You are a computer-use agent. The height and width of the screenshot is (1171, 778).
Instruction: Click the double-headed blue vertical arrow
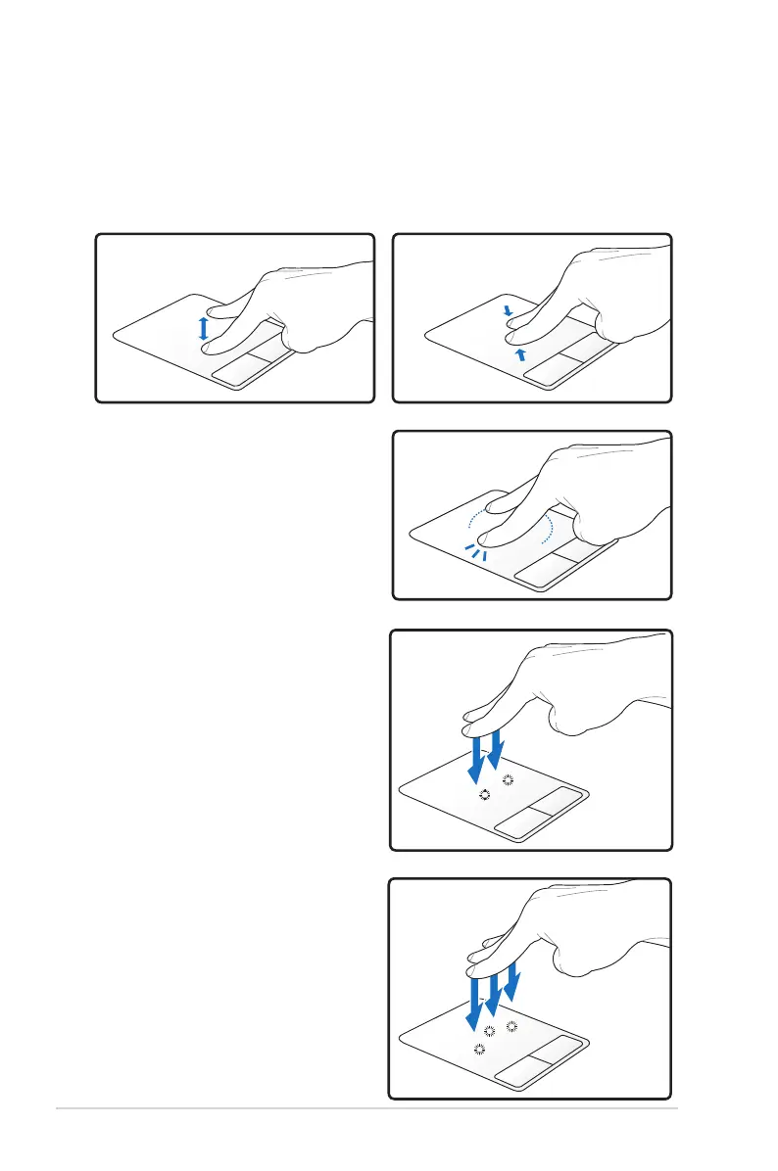(204, 329)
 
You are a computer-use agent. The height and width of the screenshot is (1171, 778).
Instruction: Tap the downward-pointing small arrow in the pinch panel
(509, 312)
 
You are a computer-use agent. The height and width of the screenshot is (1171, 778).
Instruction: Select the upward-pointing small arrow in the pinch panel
(522, 354)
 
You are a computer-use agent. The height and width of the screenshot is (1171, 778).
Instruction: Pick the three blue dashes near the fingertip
(475, 551)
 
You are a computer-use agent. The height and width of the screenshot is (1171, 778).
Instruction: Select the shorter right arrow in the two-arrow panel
(498, 748)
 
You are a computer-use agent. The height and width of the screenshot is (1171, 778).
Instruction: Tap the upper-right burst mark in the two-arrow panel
(508, 780)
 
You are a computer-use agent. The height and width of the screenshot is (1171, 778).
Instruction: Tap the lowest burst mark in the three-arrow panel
(479, 1049)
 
